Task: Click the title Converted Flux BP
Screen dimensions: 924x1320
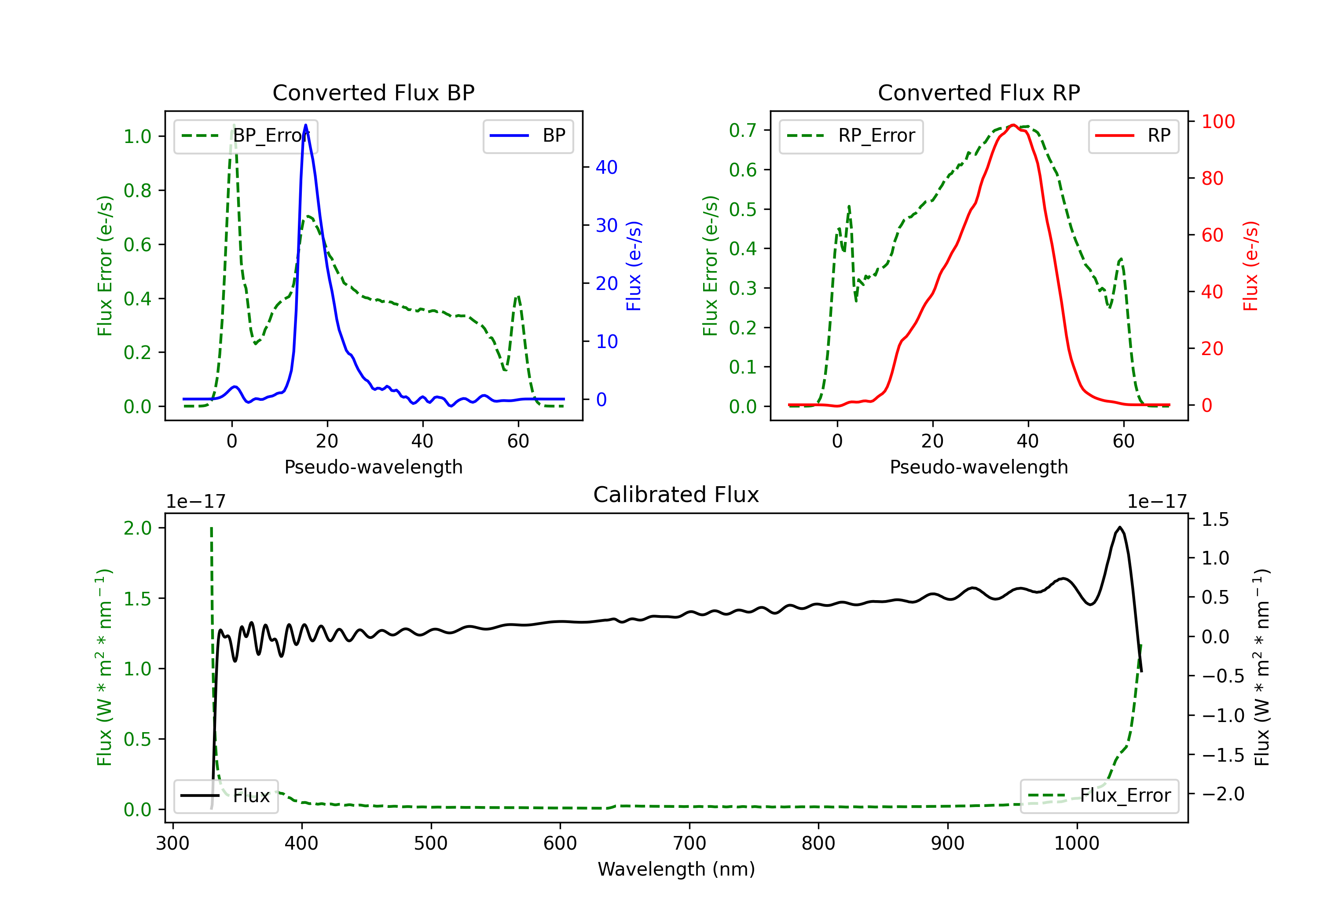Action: click(x=373, y=92)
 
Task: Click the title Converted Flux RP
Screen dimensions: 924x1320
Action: click(x=979, y=92)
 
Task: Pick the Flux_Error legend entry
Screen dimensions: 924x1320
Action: click(x=1099, y=796)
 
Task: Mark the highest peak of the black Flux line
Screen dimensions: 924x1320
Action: click(x=1119, y=527)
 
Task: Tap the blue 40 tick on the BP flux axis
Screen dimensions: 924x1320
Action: click(x=606, y=167)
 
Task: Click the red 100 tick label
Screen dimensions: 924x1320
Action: click(x=1217, y=121)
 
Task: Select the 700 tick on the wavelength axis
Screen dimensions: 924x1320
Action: click(x=689, y=843)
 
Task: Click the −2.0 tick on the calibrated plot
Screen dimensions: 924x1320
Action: click(x=1222, y=794)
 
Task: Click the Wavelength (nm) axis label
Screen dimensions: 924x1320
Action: click(x=676, y=869)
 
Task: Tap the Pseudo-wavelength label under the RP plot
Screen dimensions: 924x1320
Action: click(x=979, y=467)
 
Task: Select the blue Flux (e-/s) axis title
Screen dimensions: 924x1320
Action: click(x=634, y=266)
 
